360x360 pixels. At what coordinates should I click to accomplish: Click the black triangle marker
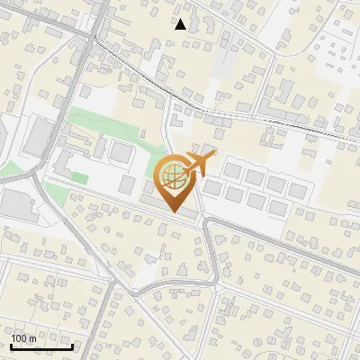point(181,24)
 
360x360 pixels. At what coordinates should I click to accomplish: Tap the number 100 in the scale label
point(20,338)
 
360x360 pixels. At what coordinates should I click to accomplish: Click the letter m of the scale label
point(32,338)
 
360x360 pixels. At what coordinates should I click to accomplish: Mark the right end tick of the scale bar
point(74,346)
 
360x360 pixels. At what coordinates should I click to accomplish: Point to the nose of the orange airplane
point(214,156)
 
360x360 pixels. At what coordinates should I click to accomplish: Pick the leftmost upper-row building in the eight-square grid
point(233,167)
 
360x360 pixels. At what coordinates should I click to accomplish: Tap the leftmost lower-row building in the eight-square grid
point(214,188)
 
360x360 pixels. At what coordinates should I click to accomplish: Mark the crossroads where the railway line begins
point(94,36)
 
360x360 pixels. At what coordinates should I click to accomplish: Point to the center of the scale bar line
point(40,346)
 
